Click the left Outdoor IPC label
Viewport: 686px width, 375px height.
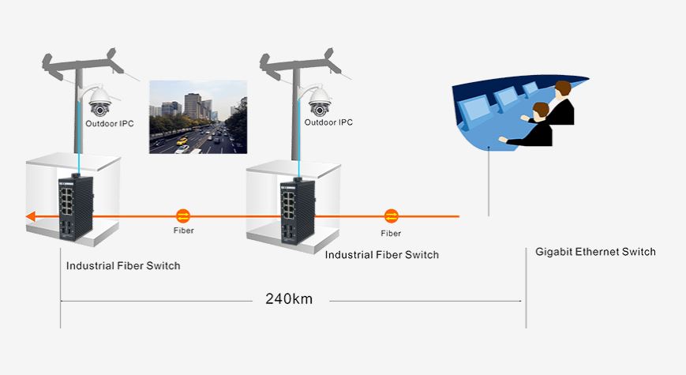[109, 124]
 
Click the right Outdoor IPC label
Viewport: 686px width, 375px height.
[328, 122]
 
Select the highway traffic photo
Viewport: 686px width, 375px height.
[198, 117]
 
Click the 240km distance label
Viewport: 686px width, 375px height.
[291, 300]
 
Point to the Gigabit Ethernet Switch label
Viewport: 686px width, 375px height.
[595, 252]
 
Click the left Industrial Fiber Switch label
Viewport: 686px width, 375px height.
[123, 265]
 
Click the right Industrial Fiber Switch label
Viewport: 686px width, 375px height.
[382, 255]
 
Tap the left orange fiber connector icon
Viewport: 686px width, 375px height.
[183, 215]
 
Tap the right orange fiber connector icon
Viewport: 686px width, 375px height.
[391, 216]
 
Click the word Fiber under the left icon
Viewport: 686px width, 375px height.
[183, 231]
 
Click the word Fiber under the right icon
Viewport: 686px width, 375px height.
[391, 233]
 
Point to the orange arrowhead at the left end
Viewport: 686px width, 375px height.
[30, 216]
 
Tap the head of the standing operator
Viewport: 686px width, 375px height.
[562, 88]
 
